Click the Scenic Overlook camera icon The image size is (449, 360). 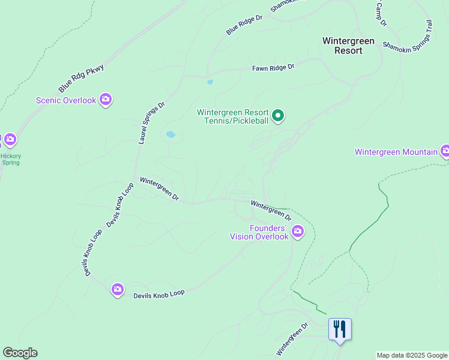[106, 100]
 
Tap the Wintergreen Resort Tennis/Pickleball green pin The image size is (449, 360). [278, 115]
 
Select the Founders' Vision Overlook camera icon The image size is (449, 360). [298, 231]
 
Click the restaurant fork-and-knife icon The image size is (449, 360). [340, 329]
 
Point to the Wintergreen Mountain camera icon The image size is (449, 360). [445, 151]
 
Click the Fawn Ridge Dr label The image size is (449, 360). [273, 68]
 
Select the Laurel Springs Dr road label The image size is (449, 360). [151, 122]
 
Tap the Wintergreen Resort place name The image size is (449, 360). [348, 46]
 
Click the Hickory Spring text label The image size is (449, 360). [10, 159]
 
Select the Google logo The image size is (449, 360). [20, 353]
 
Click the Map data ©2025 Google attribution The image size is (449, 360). [412, 355]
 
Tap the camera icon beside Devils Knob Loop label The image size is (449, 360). [118, 290]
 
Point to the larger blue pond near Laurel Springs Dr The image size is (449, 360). [170, 134]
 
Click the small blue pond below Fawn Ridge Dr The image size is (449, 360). [209, 82]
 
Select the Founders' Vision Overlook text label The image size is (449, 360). [259, 232]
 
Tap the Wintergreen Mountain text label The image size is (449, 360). [396, 152]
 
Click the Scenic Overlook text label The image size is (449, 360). [66, 100]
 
